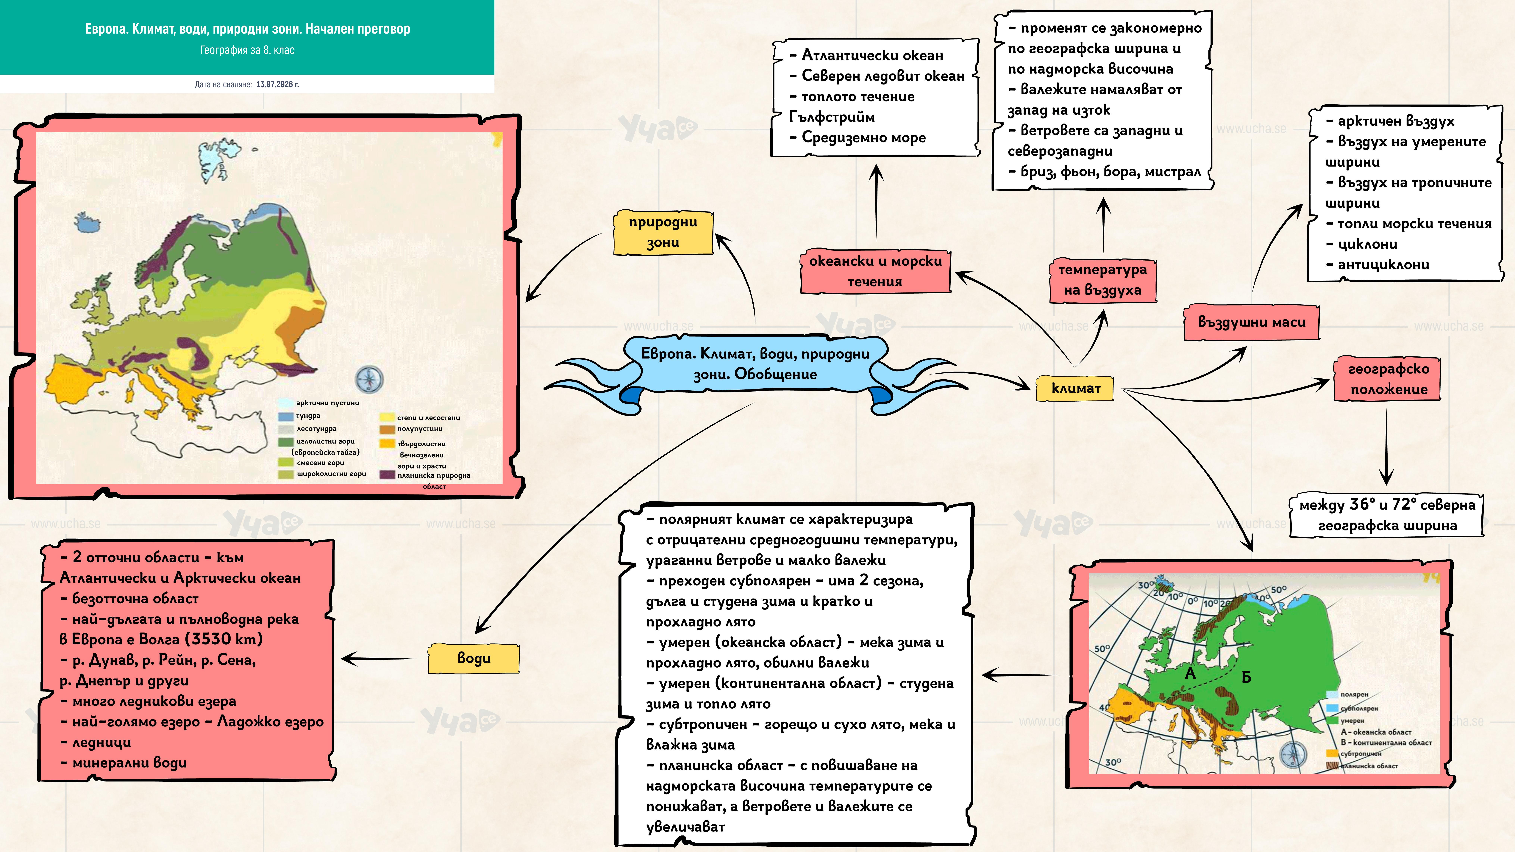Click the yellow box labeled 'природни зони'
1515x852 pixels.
click(x=663, y=232)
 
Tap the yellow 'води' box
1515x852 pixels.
click(x=474, y=658)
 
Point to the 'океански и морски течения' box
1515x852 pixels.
click(x=875, y=271)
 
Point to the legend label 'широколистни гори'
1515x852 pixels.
click(x=331, y=474)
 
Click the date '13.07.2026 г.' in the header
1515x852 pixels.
click(x=278, y=84)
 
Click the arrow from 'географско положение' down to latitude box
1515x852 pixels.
click(x=1387, y=447)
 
